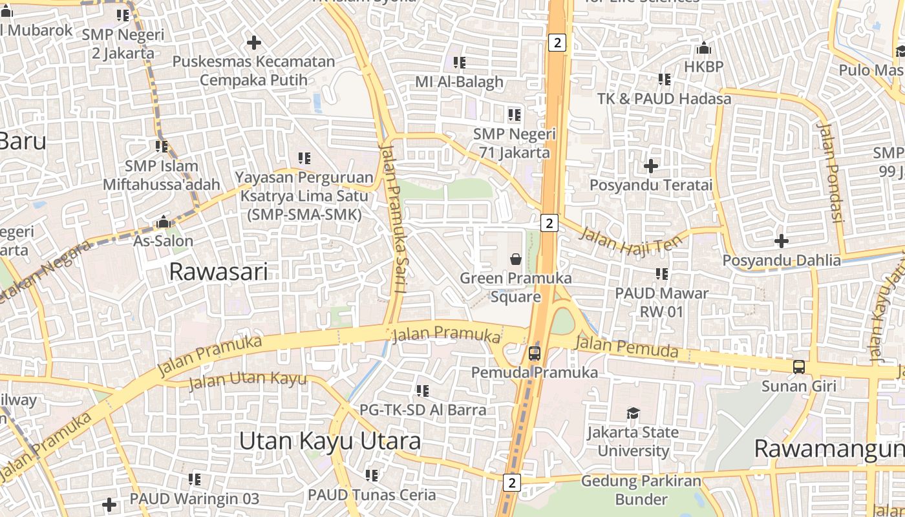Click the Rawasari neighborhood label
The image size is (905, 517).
(x=218, y=272)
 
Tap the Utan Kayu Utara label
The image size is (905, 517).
(x=330, y=441)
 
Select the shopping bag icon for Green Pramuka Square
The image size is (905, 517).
(x=516, y=259)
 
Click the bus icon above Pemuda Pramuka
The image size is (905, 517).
(x=535, y=353)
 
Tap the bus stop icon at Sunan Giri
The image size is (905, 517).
(x=799, y=367)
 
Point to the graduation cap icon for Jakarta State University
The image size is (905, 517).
(x=633, y=413)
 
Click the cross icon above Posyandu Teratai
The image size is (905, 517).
(x=651, y=166)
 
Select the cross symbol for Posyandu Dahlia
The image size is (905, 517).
(x=782, y=241)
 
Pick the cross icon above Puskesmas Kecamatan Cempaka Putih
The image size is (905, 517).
(x=254, y=43)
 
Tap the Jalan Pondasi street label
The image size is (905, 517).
(x=831, y=173)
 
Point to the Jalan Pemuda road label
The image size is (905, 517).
(x=626, y=347)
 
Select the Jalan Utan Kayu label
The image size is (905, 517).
(x=248, y=380)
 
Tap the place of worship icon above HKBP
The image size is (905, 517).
(x=704, y=48)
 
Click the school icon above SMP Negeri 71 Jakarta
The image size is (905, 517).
(x=514, y=115)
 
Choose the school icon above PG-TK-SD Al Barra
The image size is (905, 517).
(x=423, y=390)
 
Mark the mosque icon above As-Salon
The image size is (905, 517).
(x=163, y=222)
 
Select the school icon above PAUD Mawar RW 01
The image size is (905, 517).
(x=661, y=274)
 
